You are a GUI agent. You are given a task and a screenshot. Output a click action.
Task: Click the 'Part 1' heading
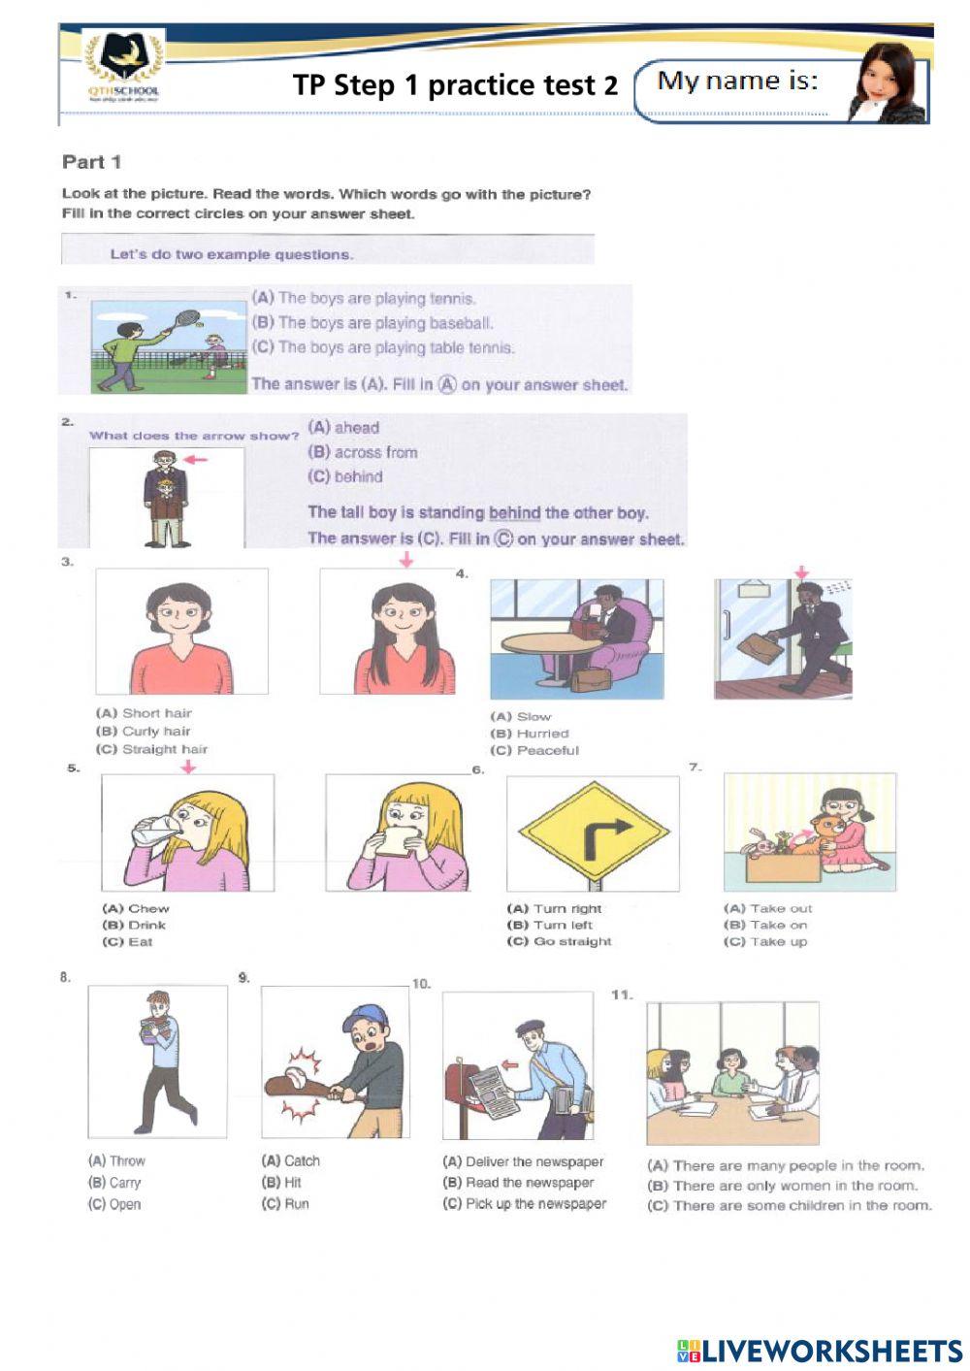click(x=91, y=162)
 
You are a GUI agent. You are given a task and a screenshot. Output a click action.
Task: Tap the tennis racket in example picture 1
click(x=186, y=318)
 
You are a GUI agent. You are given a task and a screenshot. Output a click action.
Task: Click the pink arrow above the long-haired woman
click(x=406, y=560)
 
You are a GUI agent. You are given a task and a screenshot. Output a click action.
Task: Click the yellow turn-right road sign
click(x=594, y=832)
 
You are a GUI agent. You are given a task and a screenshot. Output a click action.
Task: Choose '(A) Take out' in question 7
click(x=767, y=908)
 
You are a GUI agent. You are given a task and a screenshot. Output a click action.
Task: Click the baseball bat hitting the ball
click(x=297, y=1085)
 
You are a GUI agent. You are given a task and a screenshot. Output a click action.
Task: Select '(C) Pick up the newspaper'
click(x=524, y=1203)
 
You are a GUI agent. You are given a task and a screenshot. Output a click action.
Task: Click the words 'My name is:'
click(x=737, y=81)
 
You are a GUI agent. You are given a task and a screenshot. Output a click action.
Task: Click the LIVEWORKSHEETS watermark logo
click(x=820, y=1351)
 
